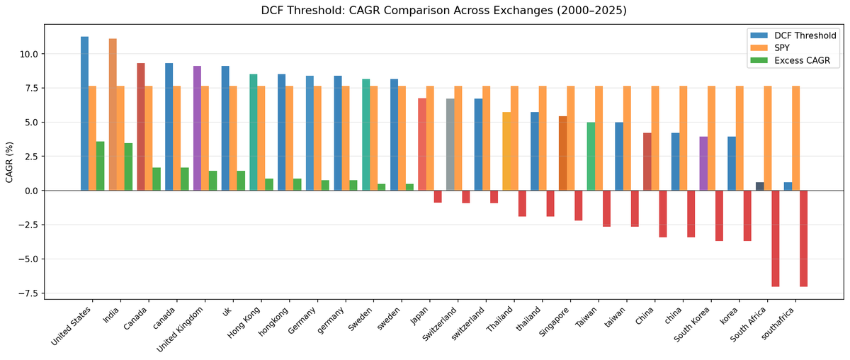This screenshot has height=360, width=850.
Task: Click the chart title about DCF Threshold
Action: (x=425, y=11)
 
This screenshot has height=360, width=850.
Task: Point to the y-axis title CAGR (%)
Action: (x=10, y=162)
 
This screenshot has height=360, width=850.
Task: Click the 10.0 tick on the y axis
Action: (x=30, y=54)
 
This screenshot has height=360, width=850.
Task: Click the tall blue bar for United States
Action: (x=84, y=113)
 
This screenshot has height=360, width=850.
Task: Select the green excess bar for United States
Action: (x=101, y=166)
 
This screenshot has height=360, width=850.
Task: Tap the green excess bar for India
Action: (x=128, y=167)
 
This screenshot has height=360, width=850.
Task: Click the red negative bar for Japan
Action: (x=438, y=196)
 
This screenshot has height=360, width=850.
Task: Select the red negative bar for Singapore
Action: (x=579, y=206)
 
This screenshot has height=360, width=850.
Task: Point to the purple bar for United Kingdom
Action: (x=197, y=128)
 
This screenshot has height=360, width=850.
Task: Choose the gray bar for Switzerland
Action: (x=450, y=145)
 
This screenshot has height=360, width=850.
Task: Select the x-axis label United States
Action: (x=73, y=325)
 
